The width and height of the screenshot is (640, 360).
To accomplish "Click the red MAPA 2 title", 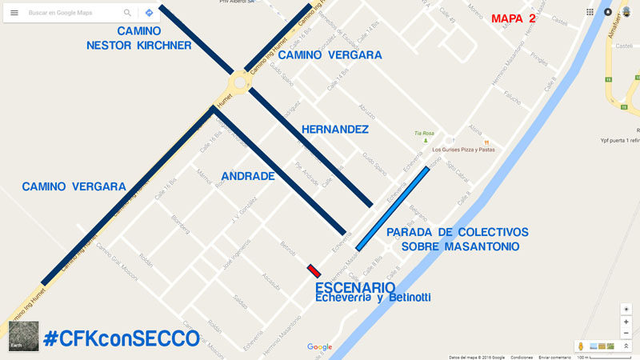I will (514, 18).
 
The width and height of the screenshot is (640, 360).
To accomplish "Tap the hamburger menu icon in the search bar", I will (14, 13).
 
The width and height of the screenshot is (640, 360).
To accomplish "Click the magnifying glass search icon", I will (127, 13).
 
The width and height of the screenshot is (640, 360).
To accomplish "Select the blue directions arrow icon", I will (149, 13).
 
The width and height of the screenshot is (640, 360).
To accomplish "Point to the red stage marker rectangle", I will (314, 271).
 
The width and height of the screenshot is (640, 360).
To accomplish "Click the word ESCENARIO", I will (354, 287).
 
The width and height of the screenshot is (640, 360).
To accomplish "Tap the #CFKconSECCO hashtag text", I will (121, 338).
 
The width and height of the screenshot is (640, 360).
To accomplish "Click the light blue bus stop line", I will (398, 210).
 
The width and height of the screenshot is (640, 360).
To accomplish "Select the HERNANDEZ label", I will (335, 129).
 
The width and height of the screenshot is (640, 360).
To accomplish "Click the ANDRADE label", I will (248, 176).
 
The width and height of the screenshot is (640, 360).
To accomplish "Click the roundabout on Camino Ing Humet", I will (239, 82).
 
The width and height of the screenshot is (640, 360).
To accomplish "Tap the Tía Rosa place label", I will (423, 133).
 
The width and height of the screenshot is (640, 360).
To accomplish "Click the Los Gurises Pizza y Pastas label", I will (464, 149).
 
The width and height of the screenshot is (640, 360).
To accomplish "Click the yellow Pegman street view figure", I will (580, 346).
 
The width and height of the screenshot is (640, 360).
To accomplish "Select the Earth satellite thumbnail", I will (23, 336).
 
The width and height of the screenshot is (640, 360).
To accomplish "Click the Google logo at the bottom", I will (319, 346).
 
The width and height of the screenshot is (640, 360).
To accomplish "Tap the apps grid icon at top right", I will (590, 12).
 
